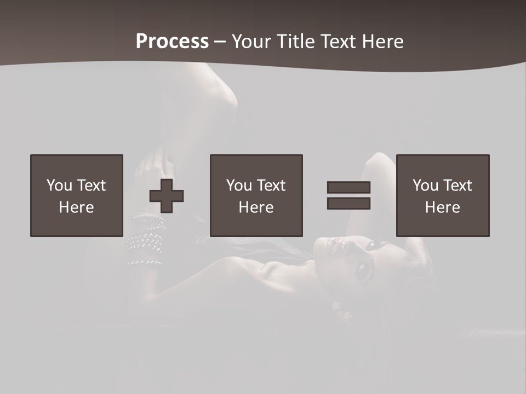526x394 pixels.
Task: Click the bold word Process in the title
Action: [172, 42]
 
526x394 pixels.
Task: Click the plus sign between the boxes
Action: [167, 195]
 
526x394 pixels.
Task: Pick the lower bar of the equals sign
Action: [348, 203]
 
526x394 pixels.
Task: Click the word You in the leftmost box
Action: [59, 186]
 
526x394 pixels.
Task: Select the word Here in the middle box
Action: [256, 207]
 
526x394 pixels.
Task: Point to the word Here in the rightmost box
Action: [443, 207]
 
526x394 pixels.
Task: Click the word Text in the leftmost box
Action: [91, 186]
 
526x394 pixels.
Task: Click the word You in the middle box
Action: [239, 186]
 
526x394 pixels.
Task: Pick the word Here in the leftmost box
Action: [77, 207]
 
